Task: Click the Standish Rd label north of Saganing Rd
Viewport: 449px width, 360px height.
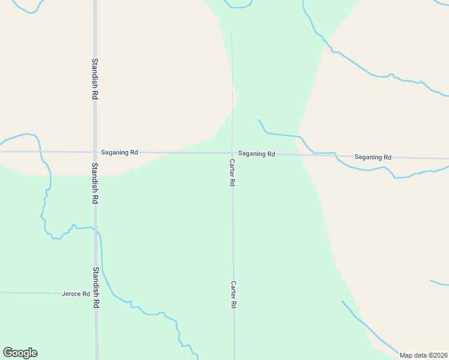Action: coord(95,78)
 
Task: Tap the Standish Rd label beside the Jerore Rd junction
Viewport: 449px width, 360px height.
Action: coord(95,287)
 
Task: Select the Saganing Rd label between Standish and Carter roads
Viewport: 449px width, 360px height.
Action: coord(119,152)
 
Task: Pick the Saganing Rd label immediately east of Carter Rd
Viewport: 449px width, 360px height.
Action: coord(256,154)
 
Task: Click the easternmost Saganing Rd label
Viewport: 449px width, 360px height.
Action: coord(373,157)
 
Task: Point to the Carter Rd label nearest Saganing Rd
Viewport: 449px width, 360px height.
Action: coord(232,172)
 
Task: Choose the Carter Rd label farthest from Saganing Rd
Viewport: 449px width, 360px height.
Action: coord(234,295)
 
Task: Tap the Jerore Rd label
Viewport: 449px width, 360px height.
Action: coord(76,294)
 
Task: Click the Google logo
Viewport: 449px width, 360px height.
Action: coord(20,353)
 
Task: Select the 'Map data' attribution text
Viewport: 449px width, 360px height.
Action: coord(414,355)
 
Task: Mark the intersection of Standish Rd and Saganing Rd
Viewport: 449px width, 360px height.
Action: coord(95,152)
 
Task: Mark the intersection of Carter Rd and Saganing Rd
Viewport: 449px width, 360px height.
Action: coord(232,153)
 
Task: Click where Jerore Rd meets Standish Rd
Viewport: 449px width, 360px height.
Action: coord(95,293)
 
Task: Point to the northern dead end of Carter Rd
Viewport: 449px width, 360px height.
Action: coord(232,33)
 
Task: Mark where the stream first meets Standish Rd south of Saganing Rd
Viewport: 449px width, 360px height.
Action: coord(96,230)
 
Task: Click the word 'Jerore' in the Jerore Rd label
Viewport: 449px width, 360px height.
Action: coord(71,294)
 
